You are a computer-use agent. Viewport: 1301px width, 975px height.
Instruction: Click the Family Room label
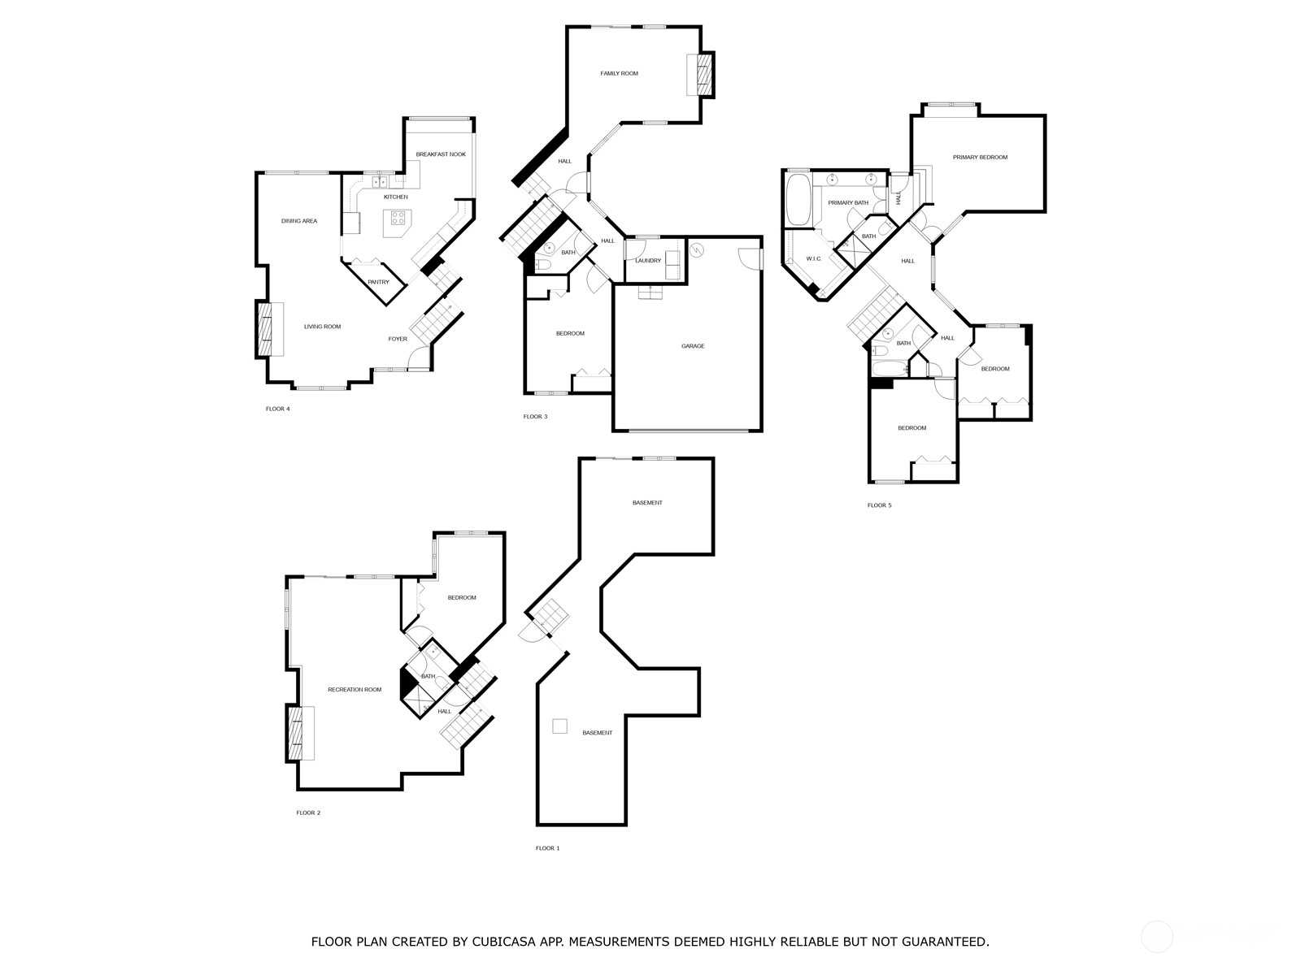click(619, 73)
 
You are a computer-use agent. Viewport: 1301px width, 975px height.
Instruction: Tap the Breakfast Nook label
click(441, 154)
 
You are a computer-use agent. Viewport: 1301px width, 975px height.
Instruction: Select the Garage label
click(692, 346)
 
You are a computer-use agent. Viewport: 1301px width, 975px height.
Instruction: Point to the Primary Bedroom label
click(980, 158)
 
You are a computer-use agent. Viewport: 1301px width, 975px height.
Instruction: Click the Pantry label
click(378, 282)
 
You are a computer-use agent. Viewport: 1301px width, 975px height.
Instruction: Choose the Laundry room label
click(648, 261)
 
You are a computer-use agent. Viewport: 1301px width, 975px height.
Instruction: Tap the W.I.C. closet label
click(813, 258)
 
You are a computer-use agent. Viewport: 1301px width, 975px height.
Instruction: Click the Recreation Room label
click(355, 690)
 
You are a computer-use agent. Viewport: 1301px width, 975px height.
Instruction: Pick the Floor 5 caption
click(879, 505)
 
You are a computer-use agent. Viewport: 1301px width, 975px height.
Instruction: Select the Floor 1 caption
click(547, 848)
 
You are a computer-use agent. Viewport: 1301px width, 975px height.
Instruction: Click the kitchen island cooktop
click(398, 218)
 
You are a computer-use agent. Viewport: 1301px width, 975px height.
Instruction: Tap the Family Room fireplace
click(704, 75)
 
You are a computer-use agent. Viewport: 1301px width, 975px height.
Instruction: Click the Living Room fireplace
click(263, 329)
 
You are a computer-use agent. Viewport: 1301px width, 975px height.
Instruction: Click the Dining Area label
click(298, 221)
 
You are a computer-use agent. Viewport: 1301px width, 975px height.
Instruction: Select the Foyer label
click(398, 339)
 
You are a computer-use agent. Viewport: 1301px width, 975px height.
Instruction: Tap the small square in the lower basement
click(559, 726)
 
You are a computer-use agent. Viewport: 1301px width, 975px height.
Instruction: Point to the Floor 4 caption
click(277, 409)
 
